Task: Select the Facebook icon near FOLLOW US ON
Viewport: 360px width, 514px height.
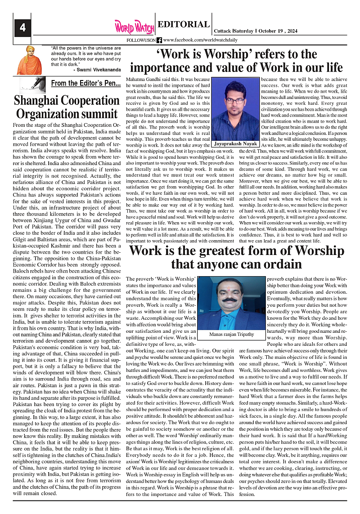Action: [159, 40]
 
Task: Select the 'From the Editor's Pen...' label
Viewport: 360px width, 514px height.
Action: [85, 83]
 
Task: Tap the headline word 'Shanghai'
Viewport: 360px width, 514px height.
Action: [40, 100]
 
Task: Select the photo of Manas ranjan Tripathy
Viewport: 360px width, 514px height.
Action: [231, 304]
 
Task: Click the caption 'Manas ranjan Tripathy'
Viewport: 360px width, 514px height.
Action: [231, 335]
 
